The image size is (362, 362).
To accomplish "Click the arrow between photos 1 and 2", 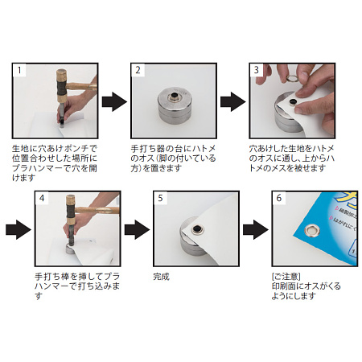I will pyautogui.click(x=115, y=102).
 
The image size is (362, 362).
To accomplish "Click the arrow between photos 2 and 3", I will pyautogui.click(x=233, y=102).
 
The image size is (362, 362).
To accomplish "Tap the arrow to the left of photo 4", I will pyautogui.click(x=18, y=229).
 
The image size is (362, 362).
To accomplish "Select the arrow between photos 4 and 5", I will pyautogui.click(x=138, y=229).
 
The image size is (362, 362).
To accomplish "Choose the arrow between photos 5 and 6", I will pyautogui.click(x=256, y=229).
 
